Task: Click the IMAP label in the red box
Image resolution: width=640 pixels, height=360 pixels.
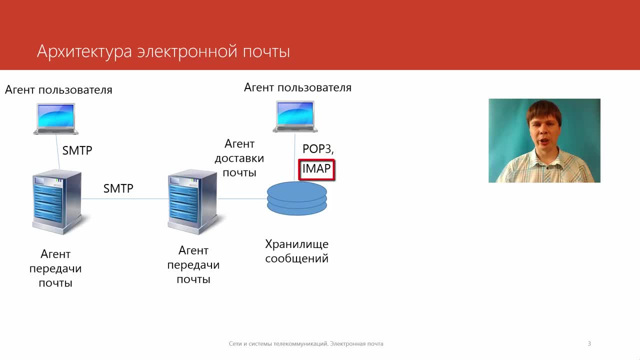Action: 316,168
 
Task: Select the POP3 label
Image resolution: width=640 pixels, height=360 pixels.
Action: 318,149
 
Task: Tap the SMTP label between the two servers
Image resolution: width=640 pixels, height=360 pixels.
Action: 118,188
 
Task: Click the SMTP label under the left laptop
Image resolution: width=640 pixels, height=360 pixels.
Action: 77,150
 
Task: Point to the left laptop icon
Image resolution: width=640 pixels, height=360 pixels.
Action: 55,119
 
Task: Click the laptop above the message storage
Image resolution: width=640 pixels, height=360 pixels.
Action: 295,116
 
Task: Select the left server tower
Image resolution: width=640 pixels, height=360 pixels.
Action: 57,202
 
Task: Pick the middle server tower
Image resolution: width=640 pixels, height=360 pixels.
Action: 192,202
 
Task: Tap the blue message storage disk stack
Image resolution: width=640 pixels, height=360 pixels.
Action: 297,198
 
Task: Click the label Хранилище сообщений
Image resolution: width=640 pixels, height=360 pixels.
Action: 297,251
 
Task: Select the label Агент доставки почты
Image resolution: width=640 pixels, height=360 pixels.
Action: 239,158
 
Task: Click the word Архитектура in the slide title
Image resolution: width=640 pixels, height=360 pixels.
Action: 84,51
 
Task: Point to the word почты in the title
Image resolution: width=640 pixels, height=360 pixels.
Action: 266,52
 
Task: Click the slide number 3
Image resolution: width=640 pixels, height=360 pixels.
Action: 589,343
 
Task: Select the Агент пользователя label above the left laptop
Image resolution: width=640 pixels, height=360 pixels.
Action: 58,90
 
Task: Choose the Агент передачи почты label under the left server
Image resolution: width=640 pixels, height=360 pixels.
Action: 55,268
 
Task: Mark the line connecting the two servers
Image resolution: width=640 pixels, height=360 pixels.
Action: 125,199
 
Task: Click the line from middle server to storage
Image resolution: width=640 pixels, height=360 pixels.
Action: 242,199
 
